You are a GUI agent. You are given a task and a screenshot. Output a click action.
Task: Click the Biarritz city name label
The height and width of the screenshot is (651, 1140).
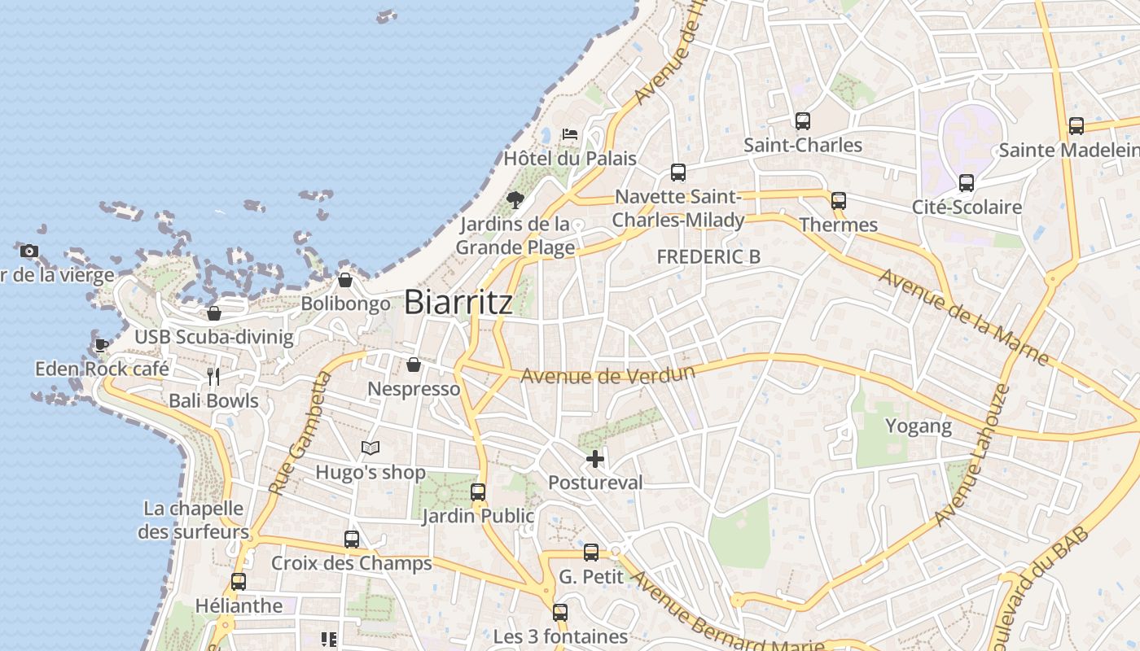458,303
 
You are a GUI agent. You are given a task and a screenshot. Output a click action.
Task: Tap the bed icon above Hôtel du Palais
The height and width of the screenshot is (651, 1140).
570,133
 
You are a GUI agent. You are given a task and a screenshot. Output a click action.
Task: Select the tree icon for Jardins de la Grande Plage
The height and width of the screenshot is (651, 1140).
515,199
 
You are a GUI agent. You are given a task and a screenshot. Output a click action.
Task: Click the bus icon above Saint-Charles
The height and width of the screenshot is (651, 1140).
802,121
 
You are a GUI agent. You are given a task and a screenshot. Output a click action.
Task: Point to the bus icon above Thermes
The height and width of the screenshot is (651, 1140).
838,201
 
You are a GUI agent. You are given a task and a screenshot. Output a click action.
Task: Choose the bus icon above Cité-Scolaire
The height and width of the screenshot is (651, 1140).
966,183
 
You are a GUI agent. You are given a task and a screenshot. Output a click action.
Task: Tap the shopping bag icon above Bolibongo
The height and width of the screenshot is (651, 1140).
345,280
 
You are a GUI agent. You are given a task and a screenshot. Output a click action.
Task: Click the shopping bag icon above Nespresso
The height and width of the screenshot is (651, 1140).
414,365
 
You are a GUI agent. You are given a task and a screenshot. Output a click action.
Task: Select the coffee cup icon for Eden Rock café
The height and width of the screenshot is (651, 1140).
101,345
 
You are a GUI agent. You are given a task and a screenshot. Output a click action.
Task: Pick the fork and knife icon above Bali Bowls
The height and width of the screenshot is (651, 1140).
213,376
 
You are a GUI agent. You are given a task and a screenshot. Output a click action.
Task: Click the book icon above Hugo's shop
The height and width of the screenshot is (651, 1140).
370,448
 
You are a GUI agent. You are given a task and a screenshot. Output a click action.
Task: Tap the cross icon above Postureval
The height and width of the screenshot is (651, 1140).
595,459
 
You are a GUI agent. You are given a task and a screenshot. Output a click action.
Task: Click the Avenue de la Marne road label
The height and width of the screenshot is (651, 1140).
962,316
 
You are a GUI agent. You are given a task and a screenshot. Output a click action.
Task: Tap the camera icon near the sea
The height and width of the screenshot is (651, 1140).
29,251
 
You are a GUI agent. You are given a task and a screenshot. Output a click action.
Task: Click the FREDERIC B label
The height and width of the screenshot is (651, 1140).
708,257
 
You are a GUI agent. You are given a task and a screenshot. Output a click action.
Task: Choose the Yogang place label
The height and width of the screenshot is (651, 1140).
918,426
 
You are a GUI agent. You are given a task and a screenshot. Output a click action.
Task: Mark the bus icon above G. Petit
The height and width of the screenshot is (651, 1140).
591,553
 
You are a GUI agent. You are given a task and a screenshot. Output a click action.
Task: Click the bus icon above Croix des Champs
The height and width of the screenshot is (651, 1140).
352,539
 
